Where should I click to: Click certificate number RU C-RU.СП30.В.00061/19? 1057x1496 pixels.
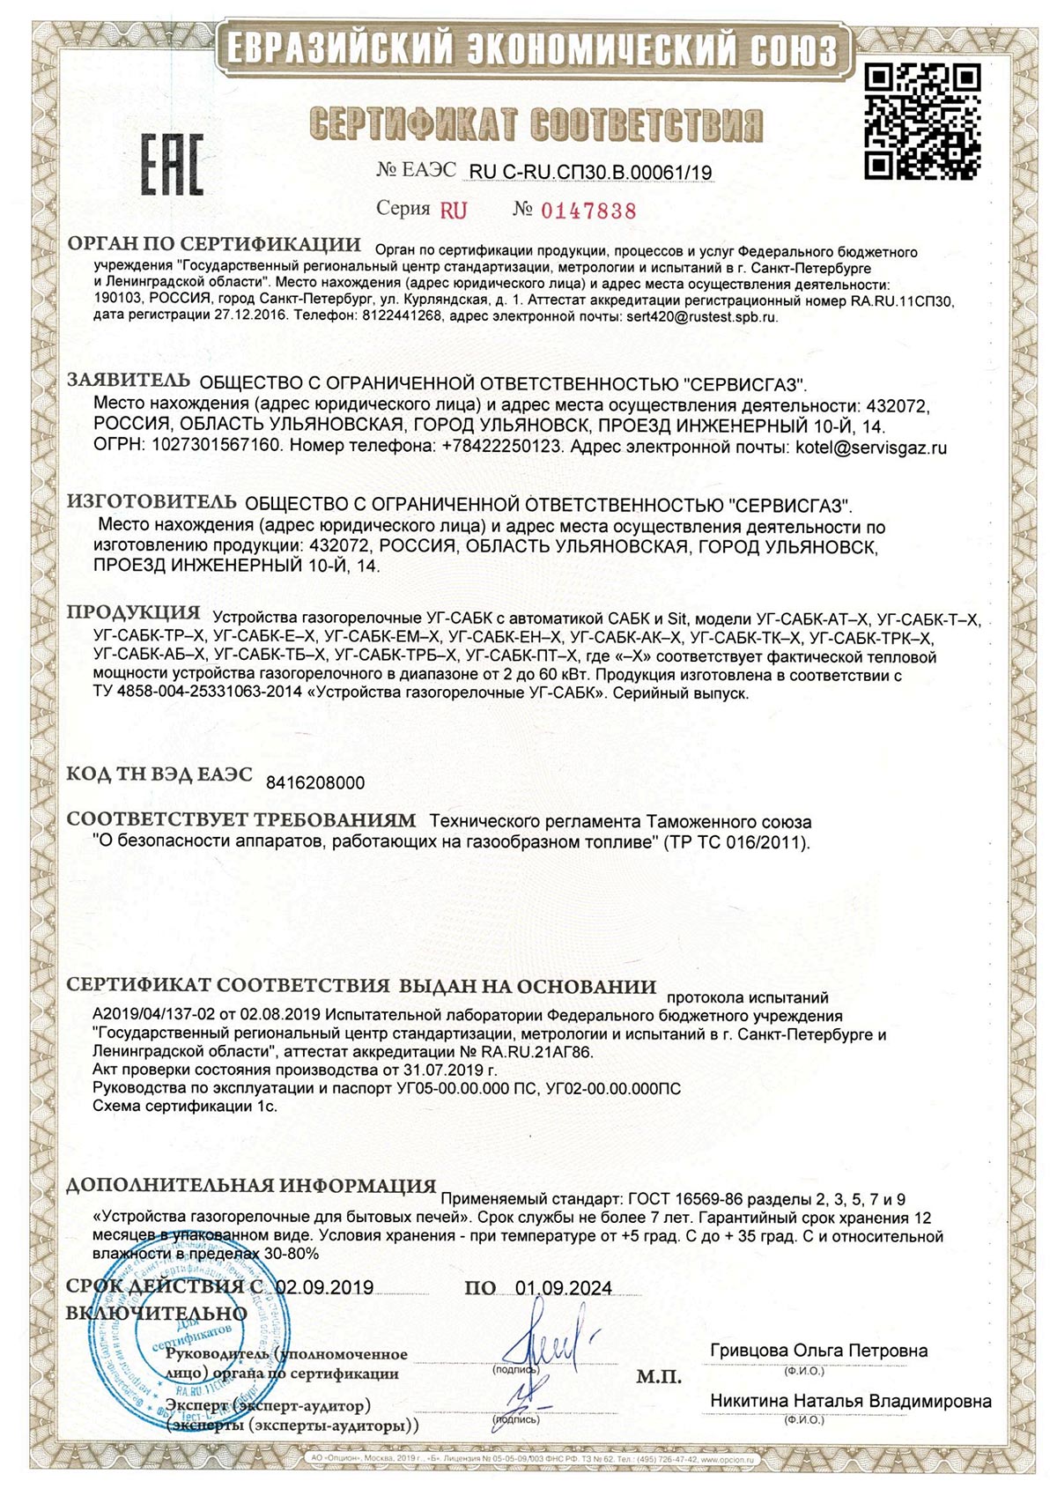tap(590, 173)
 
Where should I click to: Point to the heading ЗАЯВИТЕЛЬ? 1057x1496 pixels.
tap(129, 381)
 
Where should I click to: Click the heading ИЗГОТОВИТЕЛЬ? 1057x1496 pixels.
tap(152, 502)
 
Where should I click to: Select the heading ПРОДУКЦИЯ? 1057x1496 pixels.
tap(134, 612)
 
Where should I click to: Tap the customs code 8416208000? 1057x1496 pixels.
tap(314, 782)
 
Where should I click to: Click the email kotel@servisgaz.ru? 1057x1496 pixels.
tap(870, 447)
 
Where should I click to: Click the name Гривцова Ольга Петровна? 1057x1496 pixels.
tap(818, 1351)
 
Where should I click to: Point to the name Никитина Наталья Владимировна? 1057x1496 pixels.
tap(850, 1401)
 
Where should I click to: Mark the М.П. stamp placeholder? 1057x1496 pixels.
tap(658, 1377)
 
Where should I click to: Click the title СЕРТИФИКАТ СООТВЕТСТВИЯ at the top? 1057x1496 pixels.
tap(535, 124)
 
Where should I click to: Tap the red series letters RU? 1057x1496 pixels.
tap(454, 211)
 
